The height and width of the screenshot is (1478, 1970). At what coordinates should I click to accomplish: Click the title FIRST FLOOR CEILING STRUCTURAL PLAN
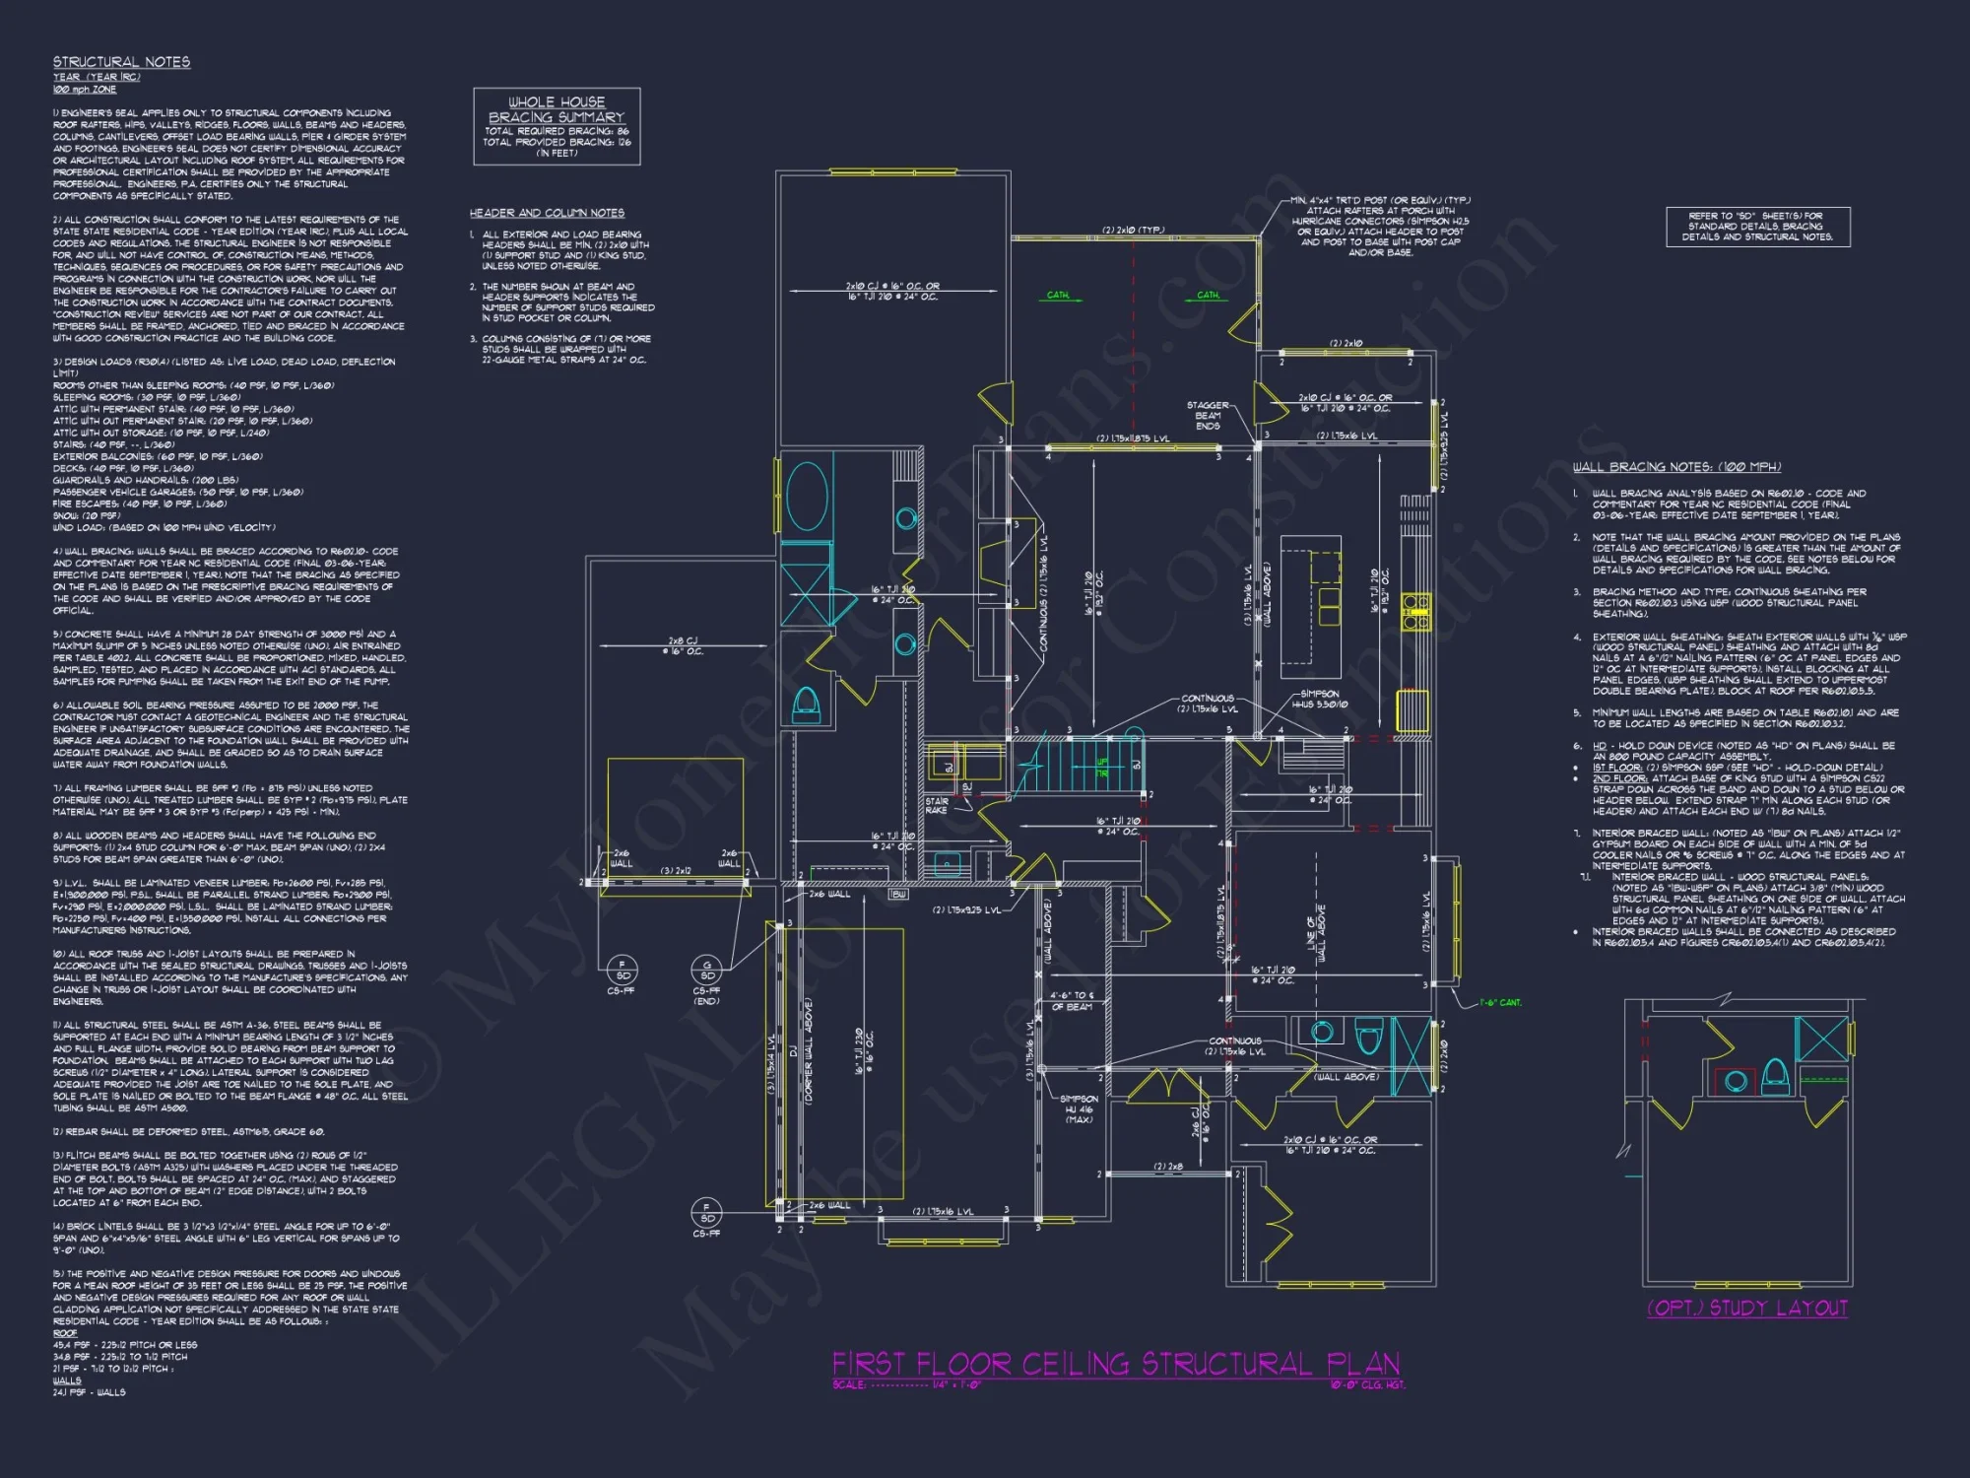[1115, 1364]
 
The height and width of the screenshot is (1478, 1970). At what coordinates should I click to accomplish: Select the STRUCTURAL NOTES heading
[121, 62]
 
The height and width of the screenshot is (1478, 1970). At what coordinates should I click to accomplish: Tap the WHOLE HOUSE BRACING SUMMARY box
[557, 126]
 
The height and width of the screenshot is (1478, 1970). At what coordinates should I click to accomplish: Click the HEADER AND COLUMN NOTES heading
[547, 213]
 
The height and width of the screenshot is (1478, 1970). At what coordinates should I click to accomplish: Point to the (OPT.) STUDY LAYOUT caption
[1747, 1308]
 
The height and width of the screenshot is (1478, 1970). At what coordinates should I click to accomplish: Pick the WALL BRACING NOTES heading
[1676, 467]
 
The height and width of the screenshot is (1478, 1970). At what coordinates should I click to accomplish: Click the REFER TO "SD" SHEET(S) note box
[1757, 227]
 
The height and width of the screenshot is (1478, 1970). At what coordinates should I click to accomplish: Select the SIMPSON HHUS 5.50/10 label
[1319, 699]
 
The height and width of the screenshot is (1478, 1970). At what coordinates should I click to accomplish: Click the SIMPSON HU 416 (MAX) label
[1079, 1108]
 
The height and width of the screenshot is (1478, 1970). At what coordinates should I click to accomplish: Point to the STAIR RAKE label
[936, 805]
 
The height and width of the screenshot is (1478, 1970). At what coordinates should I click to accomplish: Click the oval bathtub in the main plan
[806, 496]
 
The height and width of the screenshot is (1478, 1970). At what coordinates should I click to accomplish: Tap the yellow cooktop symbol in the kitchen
[1415, 610]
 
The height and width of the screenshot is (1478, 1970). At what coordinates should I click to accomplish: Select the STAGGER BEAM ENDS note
[1208, 415]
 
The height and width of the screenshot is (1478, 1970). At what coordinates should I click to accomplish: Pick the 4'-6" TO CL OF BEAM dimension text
[1072, 1001]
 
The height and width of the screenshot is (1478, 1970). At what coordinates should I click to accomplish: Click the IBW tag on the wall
[897, 895]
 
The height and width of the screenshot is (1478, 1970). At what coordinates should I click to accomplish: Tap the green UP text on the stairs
[1102, 768]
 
